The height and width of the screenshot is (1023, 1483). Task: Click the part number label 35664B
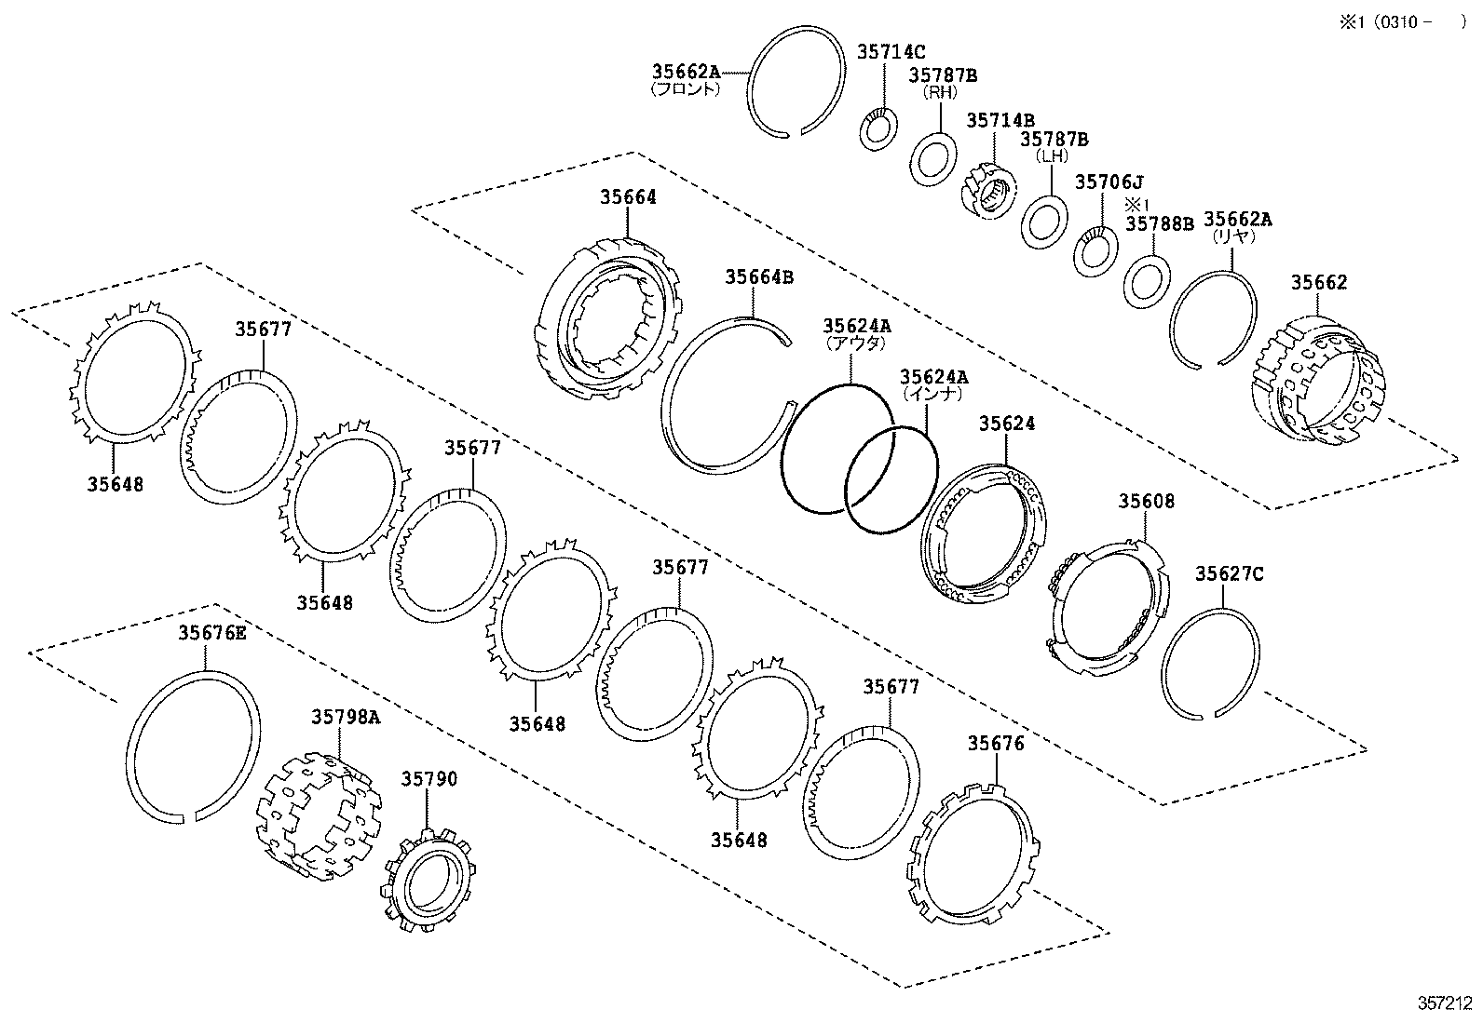coord(759,276)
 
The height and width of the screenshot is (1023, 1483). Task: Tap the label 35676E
coord(212,633)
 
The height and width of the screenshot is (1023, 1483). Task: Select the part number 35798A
coord(346,717)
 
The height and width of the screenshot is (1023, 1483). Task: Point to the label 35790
coord(429,779)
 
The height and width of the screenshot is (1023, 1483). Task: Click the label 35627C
coord(1229,574)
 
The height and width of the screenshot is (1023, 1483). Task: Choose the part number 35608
coord(1146,502)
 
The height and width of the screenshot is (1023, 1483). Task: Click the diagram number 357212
coord(1444,1003)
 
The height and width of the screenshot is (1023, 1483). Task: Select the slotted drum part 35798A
coord(320,816)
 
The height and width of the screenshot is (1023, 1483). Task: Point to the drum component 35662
coord(1319,384)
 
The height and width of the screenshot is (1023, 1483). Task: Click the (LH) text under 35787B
coord(1053,156)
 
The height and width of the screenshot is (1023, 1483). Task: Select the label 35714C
coord(891,52)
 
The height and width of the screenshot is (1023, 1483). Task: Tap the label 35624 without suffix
coord(1006,424)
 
